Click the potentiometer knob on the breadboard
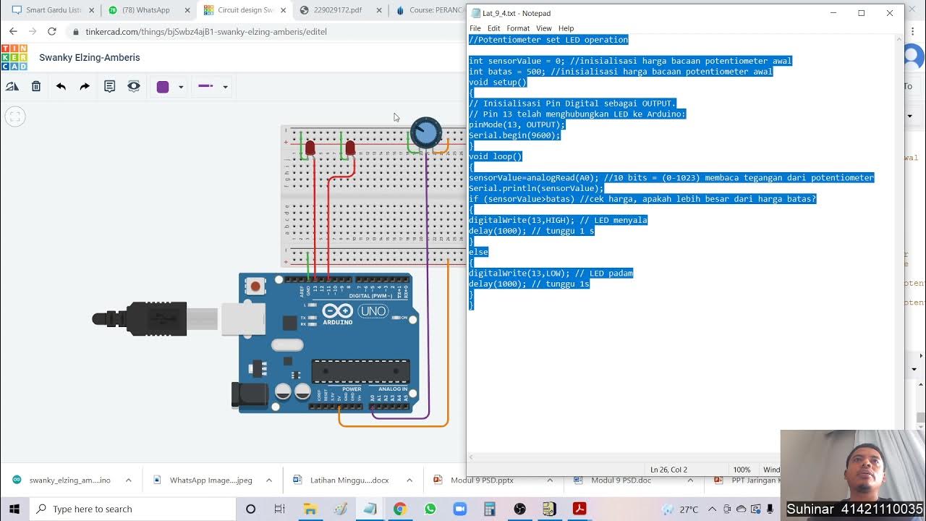pyautogui.click(x=426, y=133)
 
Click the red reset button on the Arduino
pyautogui.click(x=255, y=287)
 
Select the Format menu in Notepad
pyautogui.click(x=518, y=28)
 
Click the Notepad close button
pyautogui.click(x=889, y=13)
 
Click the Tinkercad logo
pyautogui.click(x=14, y=57)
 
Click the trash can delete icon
pyautogui.click(x=36, y=86)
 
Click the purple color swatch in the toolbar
pyautogui.click(x=163, y=87)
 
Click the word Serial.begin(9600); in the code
pyautogui.click(x=514, y=135)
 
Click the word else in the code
pyautogui.click(x=478, y=252)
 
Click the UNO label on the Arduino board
pyautogui.click(x=373, y=311)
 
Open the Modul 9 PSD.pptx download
pyautogui.click(x=482, y=480)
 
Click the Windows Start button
pyautogui.click(x=14, y=509)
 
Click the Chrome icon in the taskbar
pyautogui.click(x=399, y=509)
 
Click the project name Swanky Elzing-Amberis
pyautogui.click(x=90, y=57)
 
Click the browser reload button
pyautogui.click(x=51, y=32)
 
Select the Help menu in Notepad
pyautogui.click(x=566, y=28)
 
